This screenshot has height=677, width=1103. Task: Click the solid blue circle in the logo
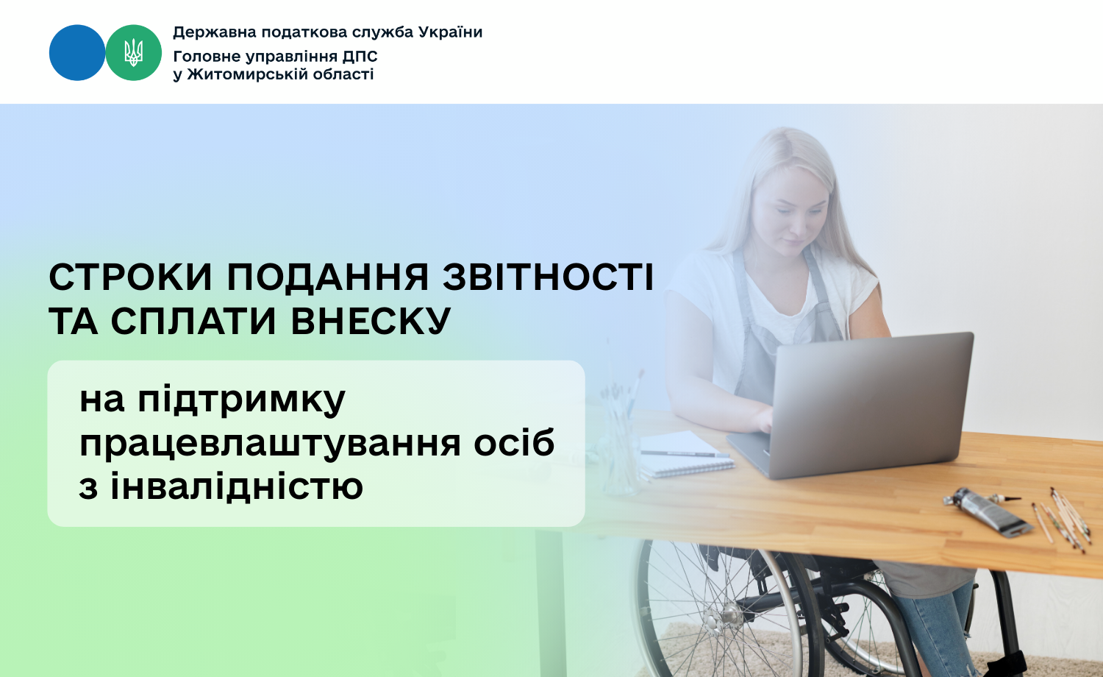(76, 53)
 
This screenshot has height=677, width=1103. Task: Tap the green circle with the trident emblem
(133, 53)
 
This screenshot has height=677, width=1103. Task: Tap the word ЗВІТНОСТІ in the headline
(548, 277)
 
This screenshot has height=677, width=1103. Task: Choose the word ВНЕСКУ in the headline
(371, 322)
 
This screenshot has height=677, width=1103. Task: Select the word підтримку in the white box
(241, 400)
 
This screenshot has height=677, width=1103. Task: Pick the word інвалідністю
(237, 485)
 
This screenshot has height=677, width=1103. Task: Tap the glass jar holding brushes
(619, 444)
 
